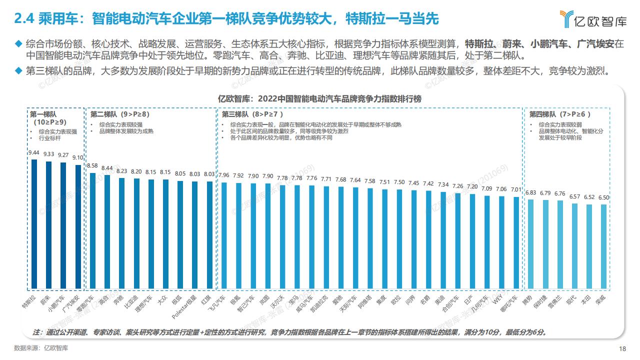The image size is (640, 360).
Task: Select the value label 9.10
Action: coord(77,157)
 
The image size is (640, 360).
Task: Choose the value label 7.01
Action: coord(516,189)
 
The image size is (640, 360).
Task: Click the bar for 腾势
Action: coord(531,244)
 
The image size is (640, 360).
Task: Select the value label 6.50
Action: coord(603,197)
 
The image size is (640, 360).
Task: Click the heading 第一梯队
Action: coord(40,113)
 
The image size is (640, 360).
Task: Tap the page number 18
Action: coord(622,348)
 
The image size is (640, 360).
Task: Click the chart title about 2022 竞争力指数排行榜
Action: coord(320,98)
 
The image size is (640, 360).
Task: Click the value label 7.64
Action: coord(355,180)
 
